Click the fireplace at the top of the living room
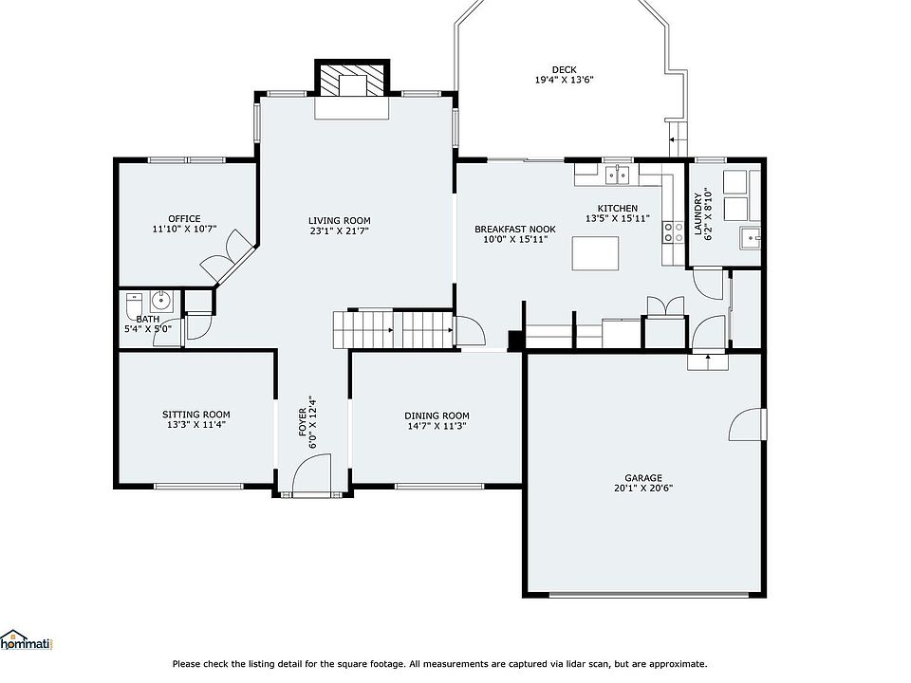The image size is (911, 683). pyautogui.click(x=351, y=79)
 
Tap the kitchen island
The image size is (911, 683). pyautogui.click(x=595, y=253)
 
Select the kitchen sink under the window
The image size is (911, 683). pyautogui.click(x=617, y=175)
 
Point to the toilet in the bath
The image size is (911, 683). pyautogui.click(x=134, y=306)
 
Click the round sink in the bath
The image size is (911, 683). pyautogui.click(x=161, y=301)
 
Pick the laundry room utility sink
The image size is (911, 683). pyautogui.click(x=750, y=237)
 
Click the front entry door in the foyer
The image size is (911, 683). pyautogui.click(x=311, y=475)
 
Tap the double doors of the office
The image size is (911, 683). pyautogui.click(x=227, y=256)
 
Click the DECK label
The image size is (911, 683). pyautogui.click(x=564, y=69)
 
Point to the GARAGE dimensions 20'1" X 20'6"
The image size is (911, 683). pyautogui.click(x=643, y=489)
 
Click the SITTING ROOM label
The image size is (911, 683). pyautogui.click(x=195, y=415)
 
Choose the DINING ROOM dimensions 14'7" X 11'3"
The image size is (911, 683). pyautogui.click(x=437, y=426)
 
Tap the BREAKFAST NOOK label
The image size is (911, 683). pyautogui.click(x=514, y=230)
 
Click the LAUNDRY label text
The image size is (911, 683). pyautogui.click(x=697, y=214)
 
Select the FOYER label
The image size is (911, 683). pyautogui.click(x=302, y=421)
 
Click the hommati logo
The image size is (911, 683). pyautogui.click(x=27, y=640)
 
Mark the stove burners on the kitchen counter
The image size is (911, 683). pyautogui.click(x=673, y=232)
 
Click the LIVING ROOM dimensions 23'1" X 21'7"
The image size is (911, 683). pyautogui.click(x=340, y=231)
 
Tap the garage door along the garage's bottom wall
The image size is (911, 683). pyautogui.click(x=648, y=594)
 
